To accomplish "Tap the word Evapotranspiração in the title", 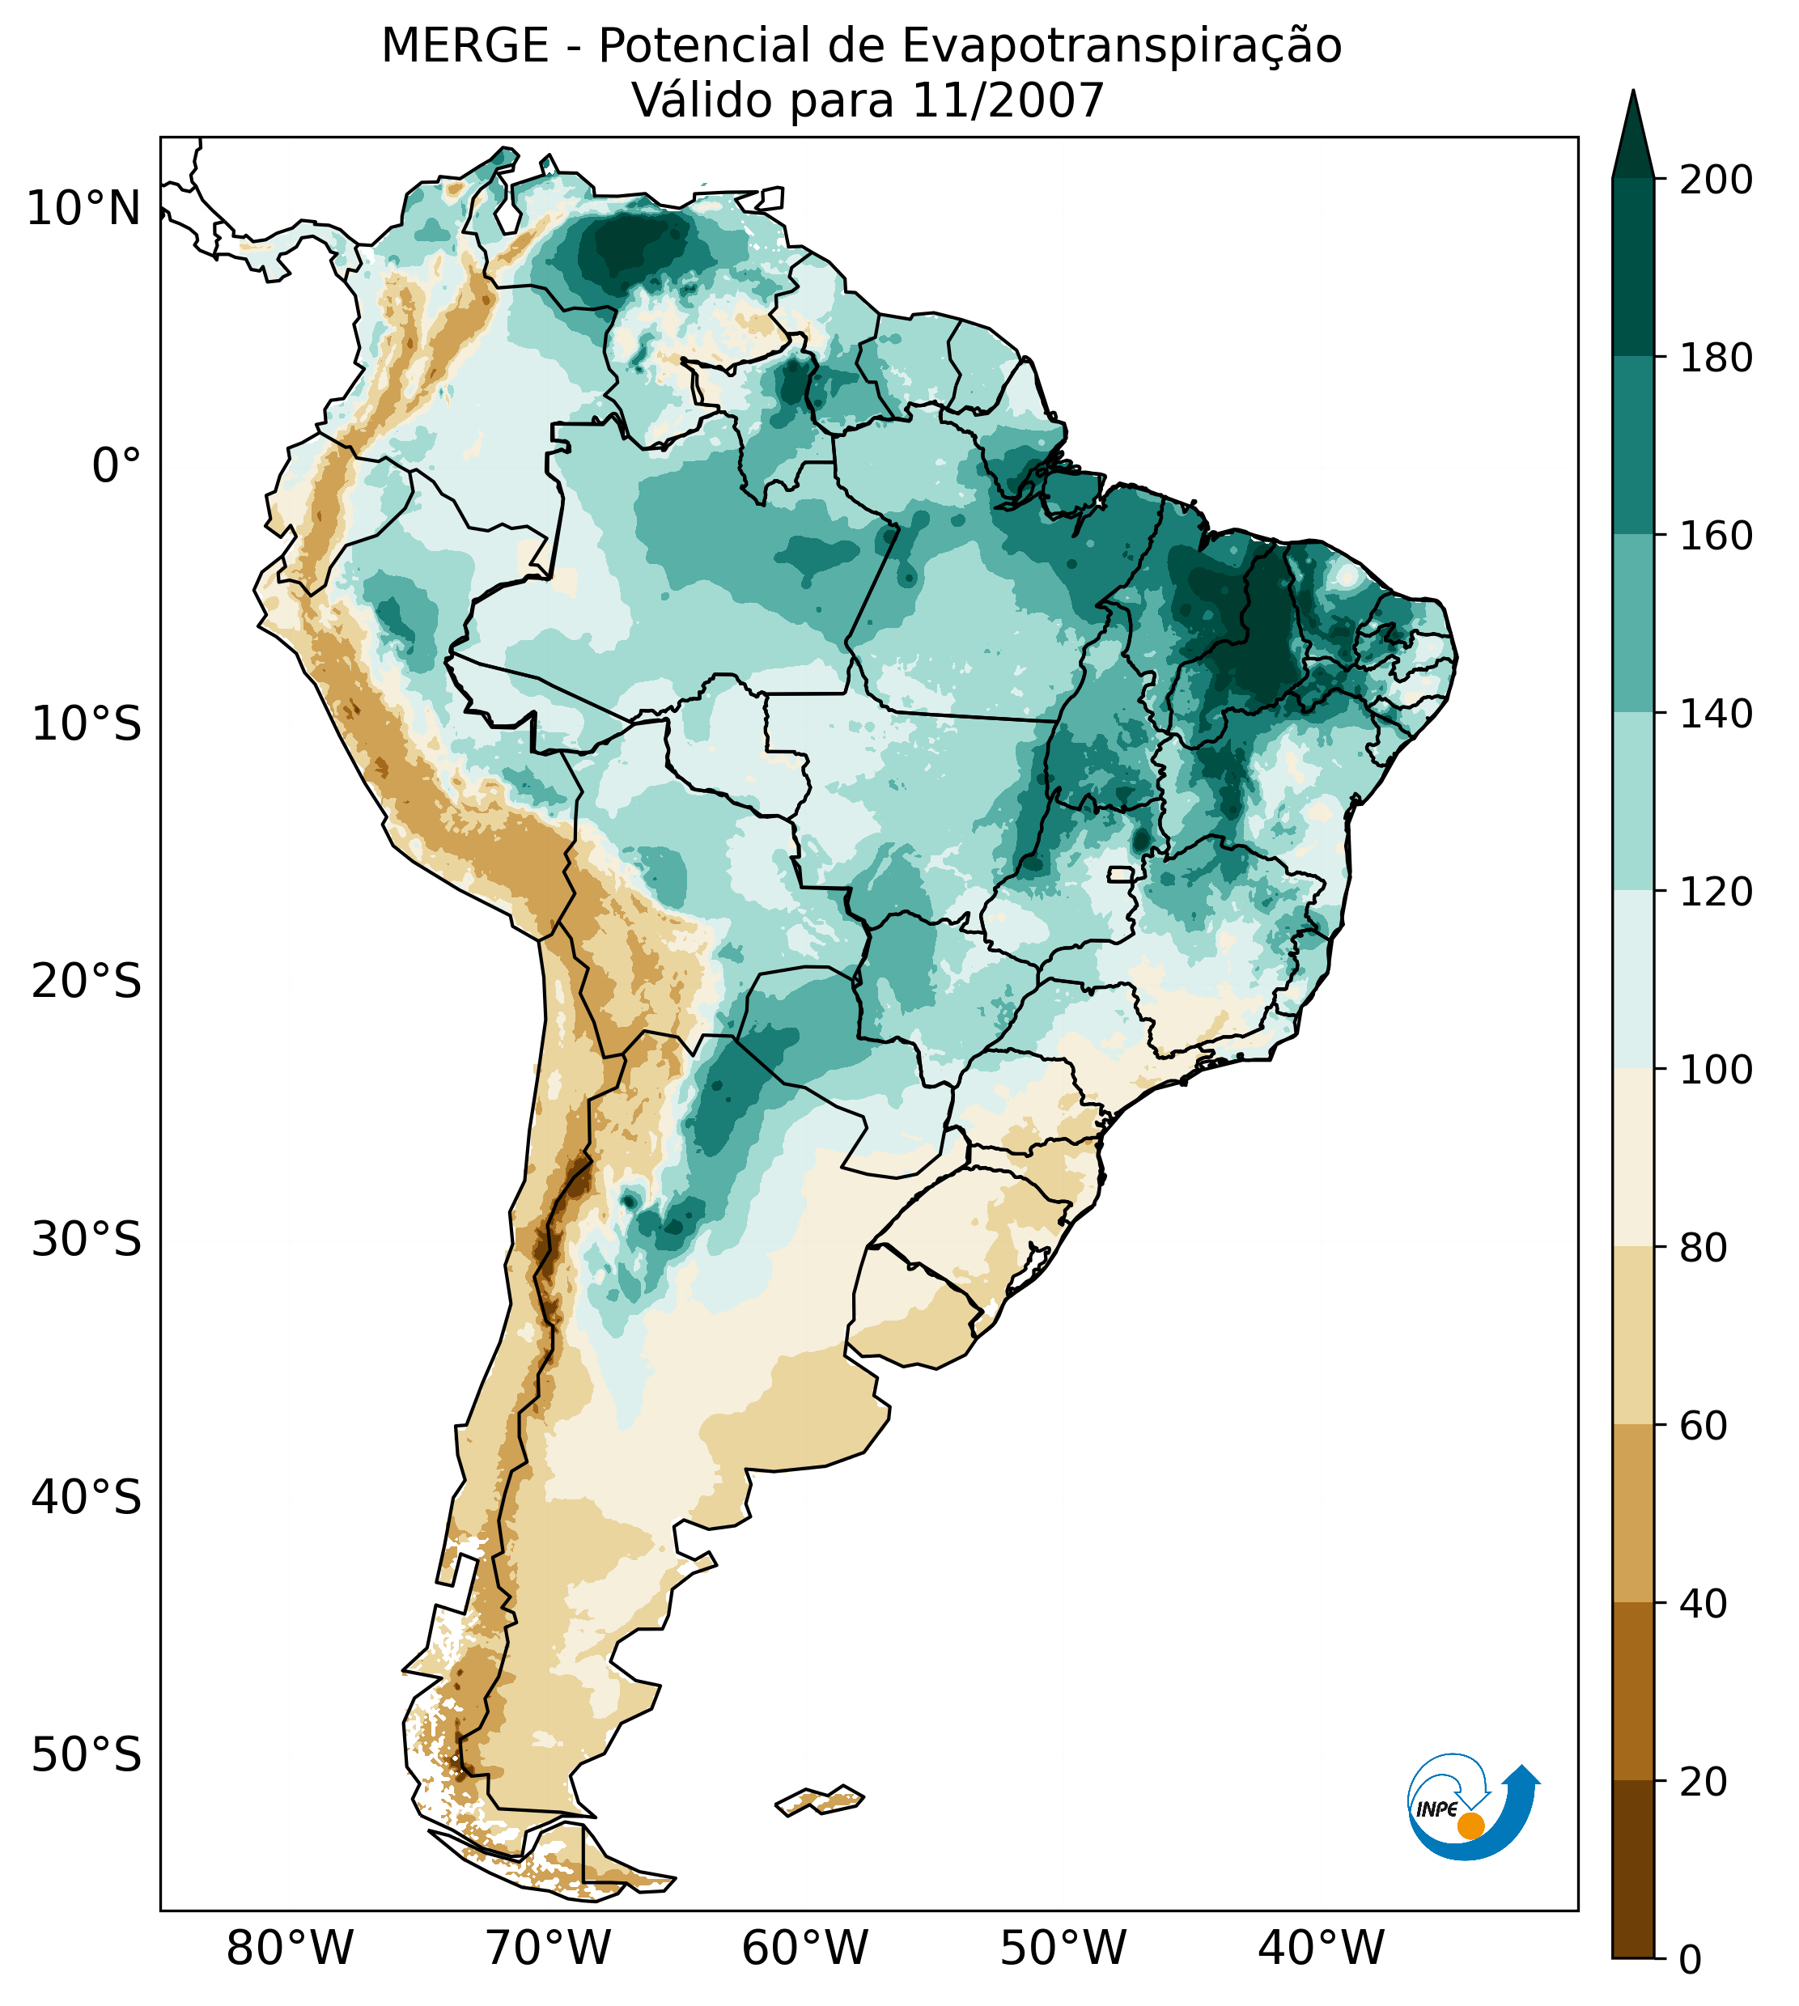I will (1121, 46).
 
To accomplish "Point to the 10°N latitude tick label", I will (84, 210).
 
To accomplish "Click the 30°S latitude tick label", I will (87, 1240).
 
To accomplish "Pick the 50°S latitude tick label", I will (87, 1756).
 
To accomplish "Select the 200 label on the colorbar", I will (1716, 180).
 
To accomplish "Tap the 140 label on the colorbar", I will (1716, 715).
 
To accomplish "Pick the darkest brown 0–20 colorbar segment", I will (1633, 1869).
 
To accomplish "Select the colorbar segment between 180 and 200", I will (1633, 267).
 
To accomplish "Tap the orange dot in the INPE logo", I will (1470, 1826).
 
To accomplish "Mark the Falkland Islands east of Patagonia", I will (821, 1800).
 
